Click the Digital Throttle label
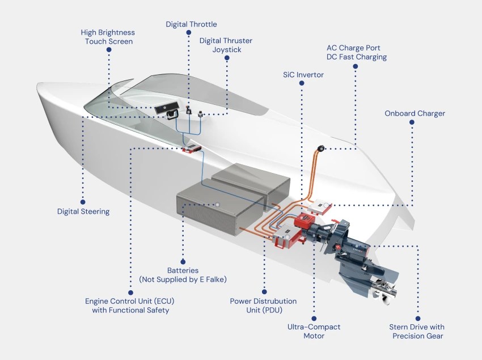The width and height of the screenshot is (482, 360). pyautogui.click(x=191, y=24)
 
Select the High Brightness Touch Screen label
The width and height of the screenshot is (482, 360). pyautogui.click(x=108, y=37)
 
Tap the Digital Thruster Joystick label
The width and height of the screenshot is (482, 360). pyautogui.click(x=226, y=45)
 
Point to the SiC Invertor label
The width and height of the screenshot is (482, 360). pyautogui.click(x=303, y=75)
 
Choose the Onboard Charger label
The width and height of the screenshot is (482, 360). pyautogui.click(x=415, y=113)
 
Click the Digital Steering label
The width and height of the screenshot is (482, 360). pyautogui.click(x=83, y=211)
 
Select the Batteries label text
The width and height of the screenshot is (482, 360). pyautogui.click(x=183, y=270)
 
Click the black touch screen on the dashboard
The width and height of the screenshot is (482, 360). pyautogui.click(x=166, y=109)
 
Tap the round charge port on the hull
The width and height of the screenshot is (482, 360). pyautogui.click(x=321, y=149)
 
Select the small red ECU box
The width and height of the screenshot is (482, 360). pyautogui.click(x=192, y=150)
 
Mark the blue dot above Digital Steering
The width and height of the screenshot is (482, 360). pyautogui.click(x=83, y=200)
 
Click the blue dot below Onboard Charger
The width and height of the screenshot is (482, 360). pyautogui.click(x=412, y=122)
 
